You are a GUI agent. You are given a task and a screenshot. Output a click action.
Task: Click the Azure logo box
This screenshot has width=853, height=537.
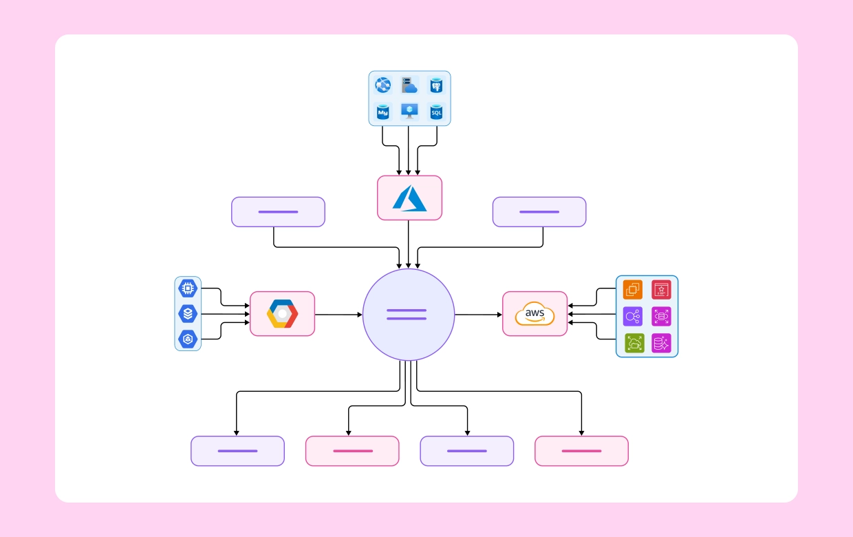coord(409,198)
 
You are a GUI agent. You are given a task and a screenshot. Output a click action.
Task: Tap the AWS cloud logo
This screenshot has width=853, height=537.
coord(535,314)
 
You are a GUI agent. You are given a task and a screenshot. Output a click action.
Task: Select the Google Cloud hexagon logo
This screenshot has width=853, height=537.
coord(282,314)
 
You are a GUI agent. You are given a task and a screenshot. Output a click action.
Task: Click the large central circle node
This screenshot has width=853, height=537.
coord(408,315)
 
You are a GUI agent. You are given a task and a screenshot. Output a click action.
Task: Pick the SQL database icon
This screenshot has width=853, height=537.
coord(435,112)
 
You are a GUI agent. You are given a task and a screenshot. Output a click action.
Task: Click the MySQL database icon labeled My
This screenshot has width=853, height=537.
coord(382,112)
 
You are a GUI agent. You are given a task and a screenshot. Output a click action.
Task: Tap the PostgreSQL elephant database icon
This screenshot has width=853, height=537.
coord(435,85)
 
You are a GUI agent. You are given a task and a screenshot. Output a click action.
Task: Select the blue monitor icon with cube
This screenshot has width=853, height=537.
coord(409,112)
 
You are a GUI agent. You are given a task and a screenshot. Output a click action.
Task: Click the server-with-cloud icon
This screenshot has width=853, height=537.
coord(409,85)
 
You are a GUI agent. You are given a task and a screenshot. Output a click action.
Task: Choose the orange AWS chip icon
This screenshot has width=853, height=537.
coord(633,289)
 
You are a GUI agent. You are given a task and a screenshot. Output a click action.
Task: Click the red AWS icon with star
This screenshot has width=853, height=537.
coord(661,289)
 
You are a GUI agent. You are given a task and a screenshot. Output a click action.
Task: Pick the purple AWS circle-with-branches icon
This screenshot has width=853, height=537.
coord(633,316)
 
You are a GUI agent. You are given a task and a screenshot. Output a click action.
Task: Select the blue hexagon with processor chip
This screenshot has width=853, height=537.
coord(188,288)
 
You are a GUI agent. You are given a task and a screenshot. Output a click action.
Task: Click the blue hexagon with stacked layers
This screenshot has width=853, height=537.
coord(188,314)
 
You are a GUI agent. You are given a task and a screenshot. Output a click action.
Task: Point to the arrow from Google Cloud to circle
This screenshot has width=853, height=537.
coord(338,315)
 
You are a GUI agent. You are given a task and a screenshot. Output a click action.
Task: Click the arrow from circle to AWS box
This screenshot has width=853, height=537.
coord(479,315)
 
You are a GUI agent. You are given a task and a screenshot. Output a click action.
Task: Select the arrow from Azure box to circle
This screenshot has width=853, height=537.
coord(409,244)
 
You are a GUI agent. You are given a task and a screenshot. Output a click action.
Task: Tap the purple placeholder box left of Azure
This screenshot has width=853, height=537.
coord(278,212)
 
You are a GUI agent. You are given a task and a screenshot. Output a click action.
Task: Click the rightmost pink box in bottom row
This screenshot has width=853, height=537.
coord(581,451)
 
